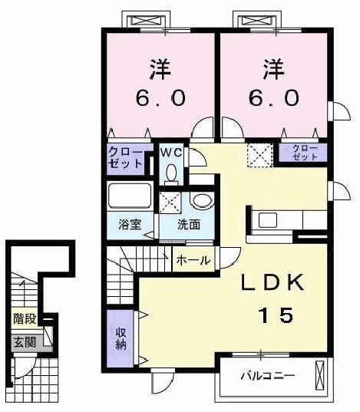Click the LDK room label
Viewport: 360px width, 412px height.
pos(272,282)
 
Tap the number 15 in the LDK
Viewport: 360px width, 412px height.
pos(274,315)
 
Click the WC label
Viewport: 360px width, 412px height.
pos(170,151)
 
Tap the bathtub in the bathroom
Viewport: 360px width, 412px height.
pos(130,198)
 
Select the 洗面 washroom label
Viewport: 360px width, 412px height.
pos(189,226)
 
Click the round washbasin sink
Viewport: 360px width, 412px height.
pos(201,202)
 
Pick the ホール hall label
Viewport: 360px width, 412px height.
pos(193,261)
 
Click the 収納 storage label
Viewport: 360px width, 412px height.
pos(121,338)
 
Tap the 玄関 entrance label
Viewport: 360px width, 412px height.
pos(24,342)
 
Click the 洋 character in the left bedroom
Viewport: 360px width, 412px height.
pos(159,69)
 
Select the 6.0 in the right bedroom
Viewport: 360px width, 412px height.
pos(273,99)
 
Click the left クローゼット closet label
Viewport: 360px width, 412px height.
pos(124,157)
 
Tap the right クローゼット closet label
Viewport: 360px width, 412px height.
pos(305,152)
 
